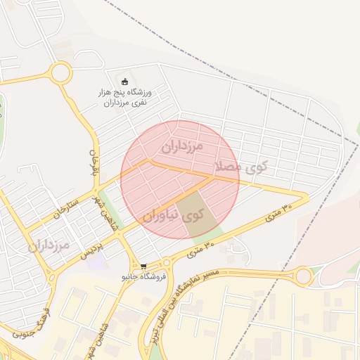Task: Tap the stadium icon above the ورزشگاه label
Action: [125, 82]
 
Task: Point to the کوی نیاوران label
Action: [179, 217]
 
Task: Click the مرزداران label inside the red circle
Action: [181, 146]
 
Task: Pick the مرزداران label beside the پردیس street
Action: [49, 245]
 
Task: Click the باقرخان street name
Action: [94, 162]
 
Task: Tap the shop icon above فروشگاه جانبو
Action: [143, 267]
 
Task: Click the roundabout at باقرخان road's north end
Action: [60, 72]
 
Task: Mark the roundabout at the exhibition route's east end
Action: [303, 276]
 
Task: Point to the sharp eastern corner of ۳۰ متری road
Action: [307, 197]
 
